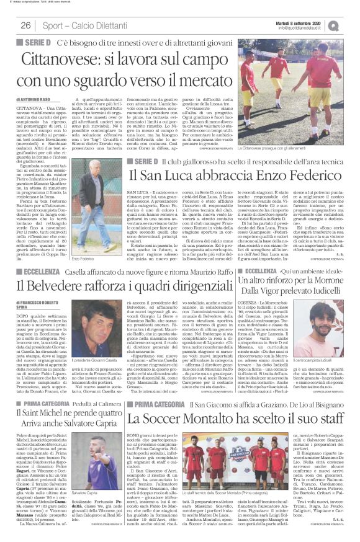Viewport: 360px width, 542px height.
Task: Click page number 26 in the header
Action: coord(26,25)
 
